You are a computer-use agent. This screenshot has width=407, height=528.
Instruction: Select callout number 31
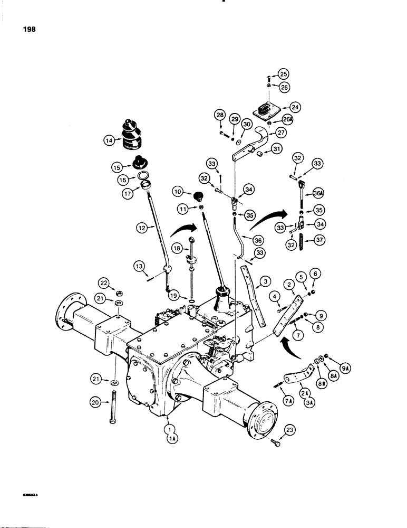[x=276, y=150]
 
